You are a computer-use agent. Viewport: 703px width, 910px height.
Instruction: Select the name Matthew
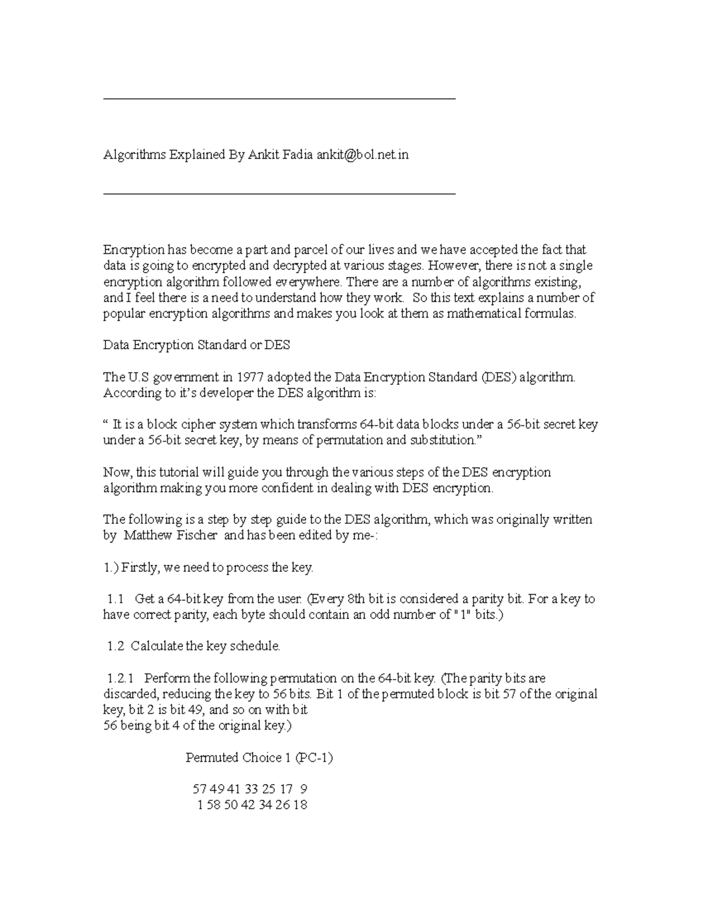(x=148, y=535)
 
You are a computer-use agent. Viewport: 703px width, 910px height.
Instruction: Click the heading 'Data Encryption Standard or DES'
(x=196, y=345)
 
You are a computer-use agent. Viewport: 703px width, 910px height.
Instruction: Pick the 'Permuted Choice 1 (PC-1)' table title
(x=259, y=758)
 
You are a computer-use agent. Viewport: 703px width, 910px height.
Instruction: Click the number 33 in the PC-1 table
(x=252, y=789)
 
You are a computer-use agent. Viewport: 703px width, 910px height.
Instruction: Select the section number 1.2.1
(x=121, y=678)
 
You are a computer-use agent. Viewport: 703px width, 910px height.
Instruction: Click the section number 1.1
(x=116, y=599)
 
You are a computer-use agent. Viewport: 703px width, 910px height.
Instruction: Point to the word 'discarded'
(x=130, y=694)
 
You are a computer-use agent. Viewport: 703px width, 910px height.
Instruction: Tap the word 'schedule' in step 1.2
(x=254, y=646)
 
